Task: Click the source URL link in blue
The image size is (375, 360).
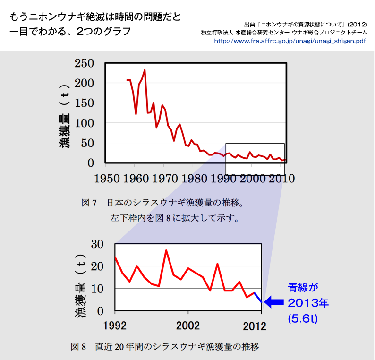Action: pyautogui.click(x=290, y=41)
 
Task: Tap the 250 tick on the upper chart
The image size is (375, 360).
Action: pyautogui.click(x=84, y=63)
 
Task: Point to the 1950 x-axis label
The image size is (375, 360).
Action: pyautogui.click(x=105, y=179)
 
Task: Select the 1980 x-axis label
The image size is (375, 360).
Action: pyautogui.click(x=193, y=179)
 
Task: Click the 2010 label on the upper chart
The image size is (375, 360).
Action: pyautogui.click(x=280, y=179)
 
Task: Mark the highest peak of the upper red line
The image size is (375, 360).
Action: pyautogui.click(x=145, y=70)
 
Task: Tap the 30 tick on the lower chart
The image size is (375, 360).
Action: pyautogui.click(x=97, y=244)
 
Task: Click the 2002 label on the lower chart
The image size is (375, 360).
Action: pyautogui.click(x=188, y=326)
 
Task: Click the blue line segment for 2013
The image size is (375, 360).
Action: pyautogui.click(x=258, y=298)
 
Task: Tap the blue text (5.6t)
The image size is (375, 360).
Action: pyautogui.click(x=303, y=319)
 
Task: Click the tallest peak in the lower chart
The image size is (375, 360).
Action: pyautogui.click(x=166, y=250)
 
